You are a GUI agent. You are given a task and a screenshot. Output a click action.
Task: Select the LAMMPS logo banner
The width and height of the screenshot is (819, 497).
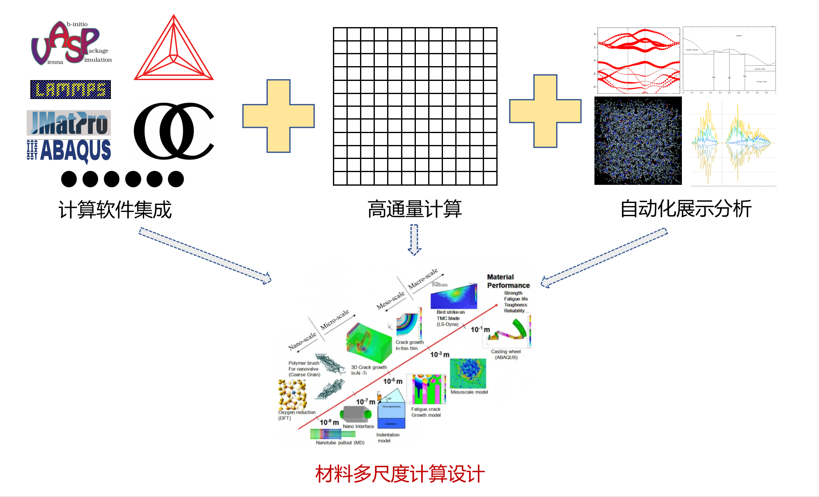[71, 90]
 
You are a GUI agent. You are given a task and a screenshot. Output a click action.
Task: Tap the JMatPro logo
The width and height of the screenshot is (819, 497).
[69, 123]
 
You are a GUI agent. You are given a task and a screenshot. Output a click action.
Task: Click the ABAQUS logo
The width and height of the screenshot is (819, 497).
[69, 150]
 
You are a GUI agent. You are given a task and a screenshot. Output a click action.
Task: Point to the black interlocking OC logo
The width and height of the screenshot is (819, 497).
[174, 131]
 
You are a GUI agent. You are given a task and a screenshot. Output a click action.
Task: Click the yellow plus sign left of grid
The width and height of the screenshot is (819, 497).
[278, 116]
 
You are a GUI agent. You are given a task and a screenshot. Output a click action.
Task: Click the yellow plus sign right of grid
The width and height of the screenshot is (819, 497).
[545, 111]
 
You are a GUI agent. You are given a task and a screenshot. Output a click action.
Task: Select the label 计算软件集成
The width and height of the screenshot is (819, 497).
[115, 210]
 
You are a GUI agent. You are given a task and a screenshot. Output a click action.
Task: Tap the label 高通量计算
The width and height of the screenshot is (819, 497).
[415, 209]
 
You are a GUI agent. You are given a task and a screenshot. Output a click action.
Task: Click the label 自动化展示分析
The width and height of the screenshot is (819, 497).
[686, 209]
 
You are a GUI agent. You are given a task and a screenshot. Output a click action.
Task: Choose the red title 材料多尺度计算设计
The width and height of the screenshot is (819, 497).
[400, 474]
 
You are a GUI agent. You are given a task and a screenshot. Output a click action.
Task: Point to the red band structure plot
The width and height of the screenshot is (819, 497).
[638, 61]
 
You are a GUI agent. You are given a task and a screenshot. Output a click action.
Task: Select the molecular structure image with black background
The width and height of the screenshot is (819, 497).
[638, 141]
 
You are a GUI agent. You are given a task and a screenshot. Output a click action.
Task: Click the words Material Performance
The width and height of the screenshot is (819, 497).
[508, 281]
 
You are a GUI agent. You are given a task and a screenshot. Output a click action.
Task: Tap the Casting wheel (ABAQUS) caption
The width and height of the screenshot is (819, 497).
[506, 354]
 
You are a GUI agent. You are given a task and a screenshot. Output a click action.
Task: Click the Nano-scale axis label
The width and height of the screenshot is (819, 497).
[302, 341]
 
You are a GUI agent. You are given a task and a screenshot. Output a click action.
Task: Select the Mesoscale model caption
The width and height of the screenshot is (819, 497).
[469, 392]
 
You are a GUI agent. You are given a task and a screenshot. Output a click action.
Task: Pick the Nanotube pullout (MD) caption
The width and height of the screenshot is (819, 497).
[340, 443]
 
